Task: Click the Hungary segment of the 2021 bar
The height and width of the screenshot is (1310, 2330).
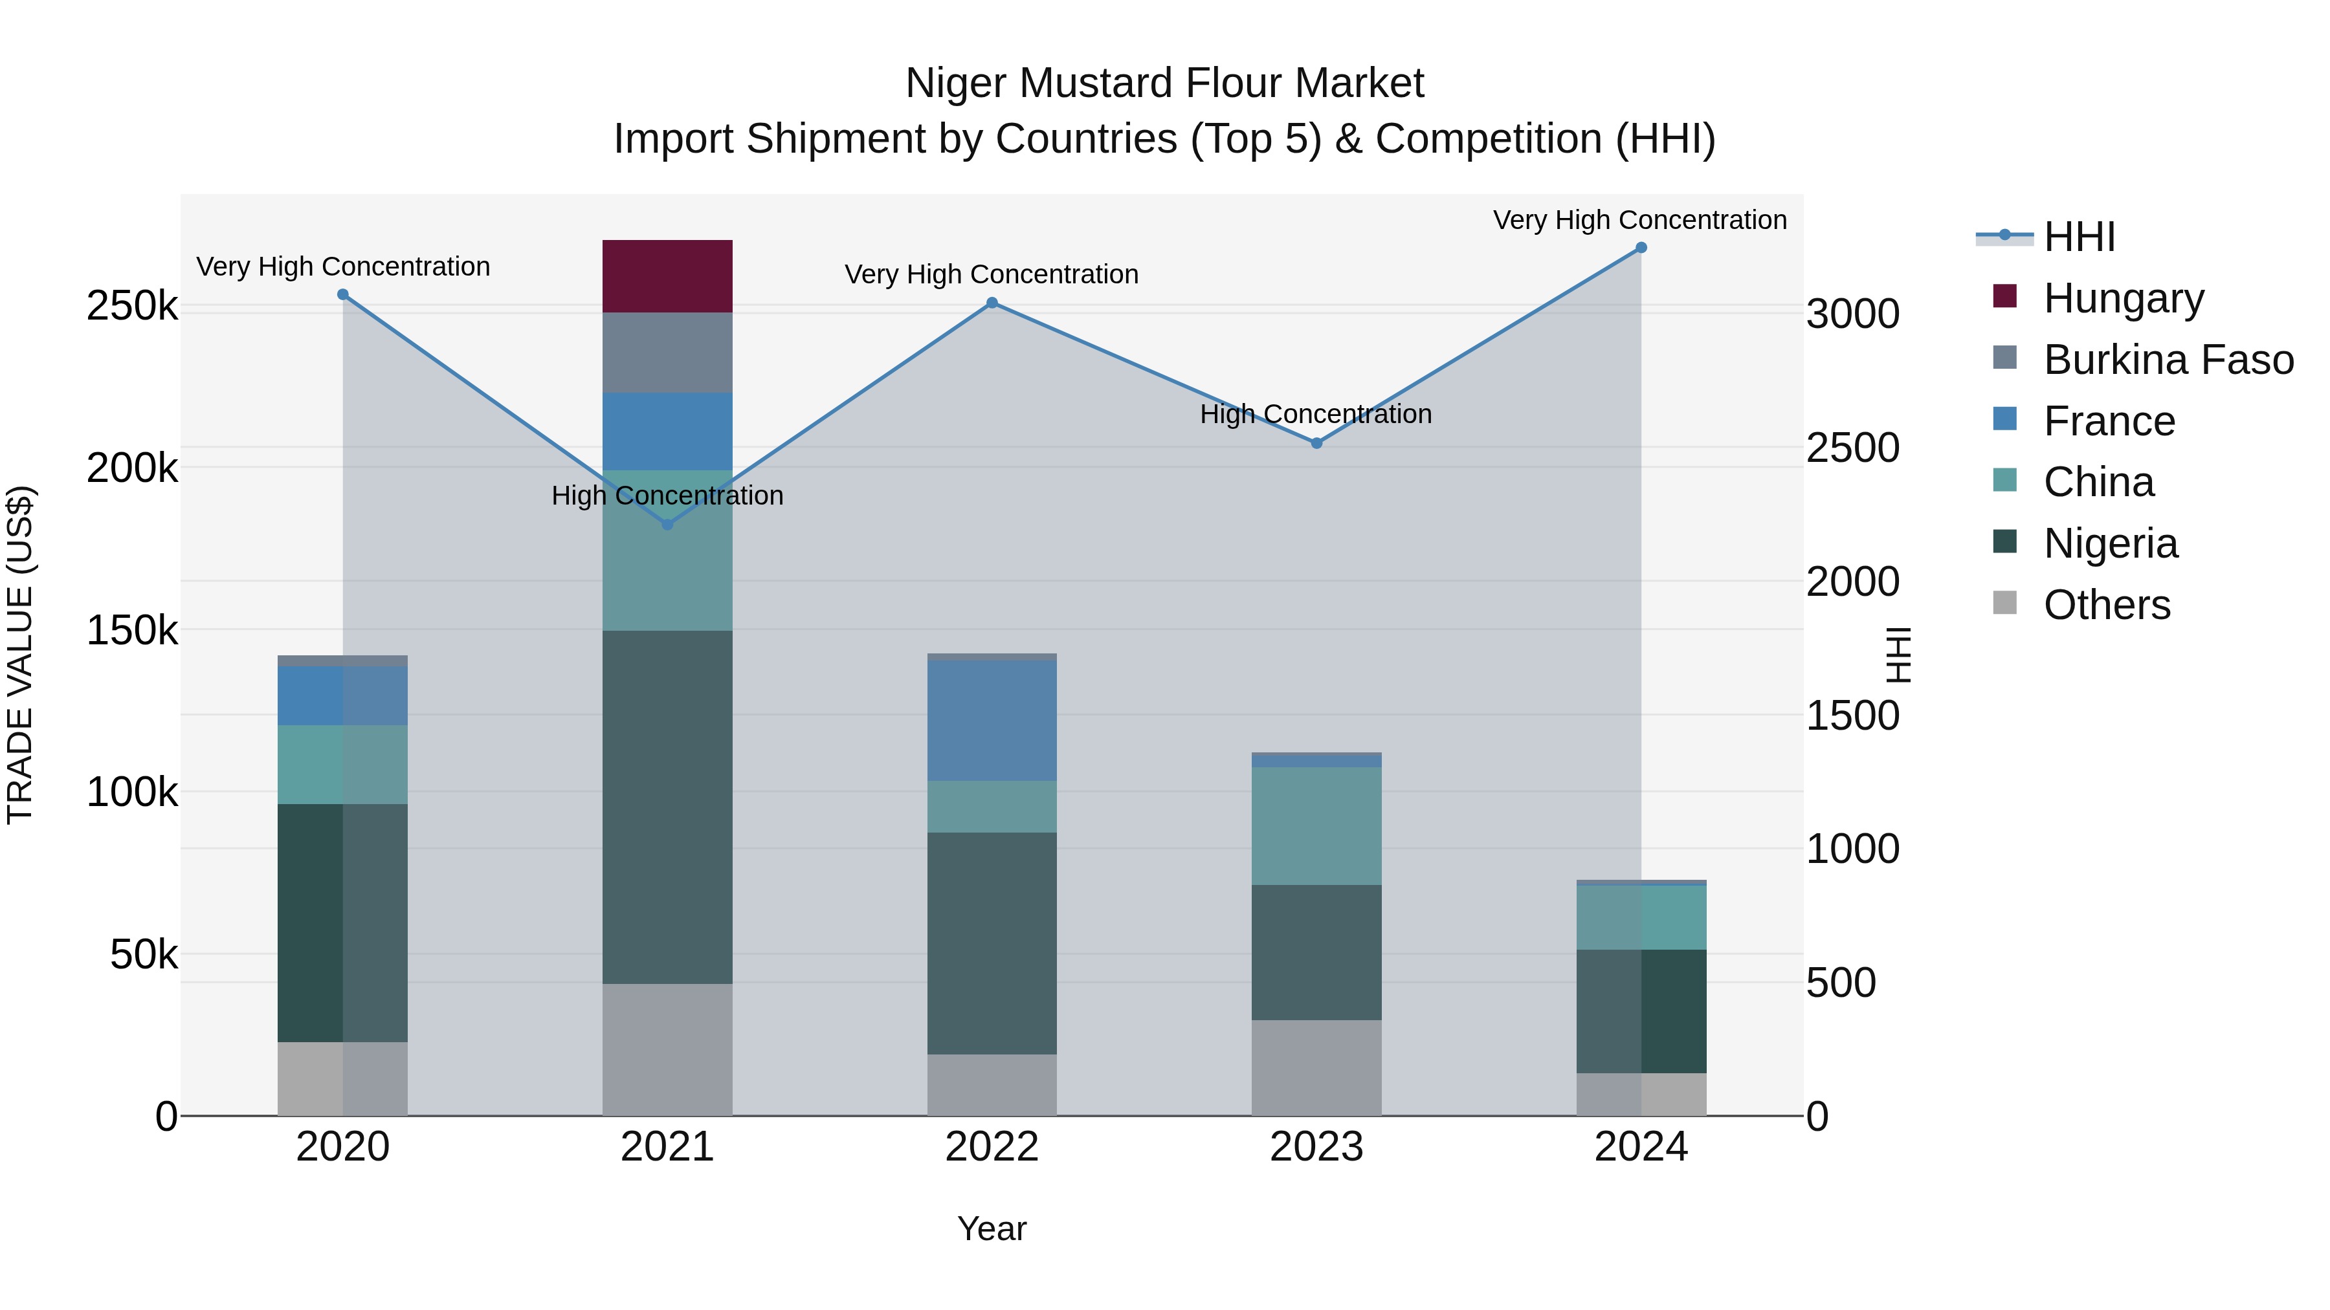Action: tap(667, 276)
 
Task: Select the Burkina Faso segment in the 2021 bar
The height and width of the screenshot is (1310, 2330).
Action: tap(667, 353)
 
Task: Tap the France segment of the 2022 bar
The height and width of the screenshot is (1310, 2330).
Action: tap(992, 721)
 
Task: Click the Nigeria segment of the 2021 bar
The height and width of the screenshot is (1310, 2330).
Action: tap(667, 807)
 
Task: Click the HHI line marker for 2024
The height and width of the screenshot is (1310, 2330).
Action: tap(1641, 248)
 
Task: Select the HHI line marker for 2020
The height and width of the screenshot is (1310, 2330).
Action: tap(343, 295)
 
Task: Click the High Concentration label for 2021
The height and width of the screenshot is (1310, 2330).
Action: tap(667, 496)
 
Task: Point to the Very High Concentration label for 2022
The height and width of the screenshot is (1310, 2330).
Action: tap(992, 274)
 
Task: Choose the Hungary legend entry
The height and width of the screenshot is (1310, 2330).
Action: tap(2123, 298)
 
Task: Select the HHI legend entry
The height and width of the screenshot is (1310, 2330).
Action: tap(2078, 237)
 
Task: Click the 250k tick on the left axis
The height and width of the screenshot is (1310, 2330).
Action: tap(132, 307)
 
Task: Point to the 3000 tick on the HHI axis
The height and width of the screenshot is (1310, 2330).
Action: tap(1852, 314)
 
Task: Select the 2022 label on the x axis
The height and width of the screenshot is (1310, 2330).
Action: tap(992, 1147)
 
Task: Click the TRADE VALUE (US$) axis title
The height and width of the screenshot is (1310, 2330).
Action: tap(20, 655)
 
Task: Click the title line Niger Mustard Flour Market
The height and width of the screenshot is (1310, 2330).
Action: tap(1164, 83)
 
